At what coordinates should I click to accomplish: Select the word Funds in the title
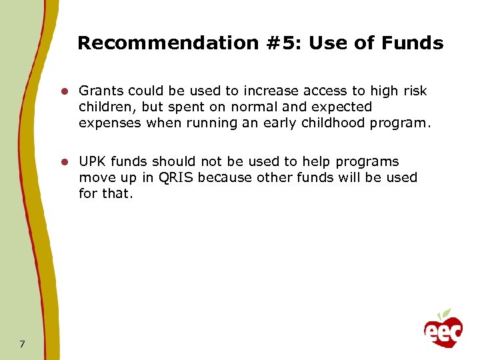tap(413, 44)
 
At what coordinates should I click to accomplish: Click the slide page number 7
tap(23, 344)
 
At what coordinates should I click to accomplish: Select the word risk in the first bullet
tap(415, 91)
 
